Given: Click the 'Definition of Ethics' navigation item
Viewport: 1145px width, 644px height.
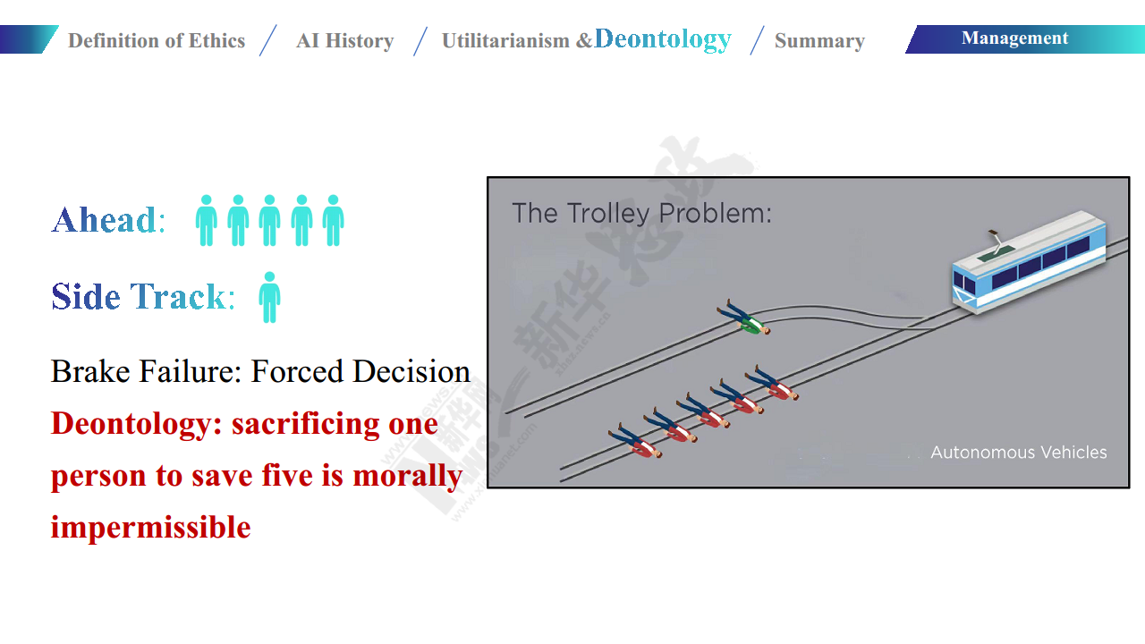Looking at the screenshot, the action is [157, 41].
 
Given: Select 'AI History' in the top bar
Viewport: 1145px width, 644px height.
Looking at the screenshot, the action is [345, 41].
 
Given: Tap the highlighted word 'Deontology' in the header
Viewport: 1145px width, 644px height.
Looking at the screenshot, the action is [663, 39].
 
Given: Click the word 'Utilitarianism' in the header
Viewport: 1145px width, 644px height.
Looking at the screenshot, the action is [505, 41].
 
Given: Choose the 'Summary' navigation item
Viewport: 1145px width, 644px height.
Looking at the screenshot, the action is [819, 41].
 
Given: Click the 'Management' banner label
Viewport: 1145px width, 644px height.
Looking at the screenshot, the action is [1014, 38].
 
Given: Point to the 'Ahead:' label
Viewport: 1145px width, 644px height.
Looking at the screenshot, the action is [108, 220].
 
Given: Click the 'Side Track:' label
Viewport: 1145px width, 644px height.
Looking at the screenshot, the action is [143, 296].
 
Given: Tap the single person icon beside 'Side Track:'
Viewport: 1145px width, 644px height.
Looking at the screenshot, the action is [269, 298].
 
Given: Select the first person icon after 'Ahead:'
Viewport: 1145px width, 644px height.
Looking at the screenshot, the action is [207, 220].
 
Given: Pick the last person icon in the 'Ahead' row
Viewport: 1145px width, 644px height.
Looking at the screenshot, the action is [334, 220].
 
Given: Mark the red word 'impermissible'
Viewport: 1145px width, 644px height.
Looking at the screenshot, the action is [151, 527].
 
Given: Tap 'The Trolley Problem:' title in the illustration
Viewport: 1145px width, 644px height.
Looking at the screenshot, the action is [641, 213].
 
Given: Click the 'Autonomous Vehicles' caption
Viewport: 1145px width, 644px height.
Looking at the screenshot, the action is [1019, 453].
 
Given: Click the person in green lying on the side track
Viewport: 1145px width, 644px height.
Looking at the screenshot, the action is [743, 318].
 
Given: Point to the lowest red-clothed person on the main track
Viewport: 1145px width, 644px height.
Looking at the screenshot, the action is [635, 441].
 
